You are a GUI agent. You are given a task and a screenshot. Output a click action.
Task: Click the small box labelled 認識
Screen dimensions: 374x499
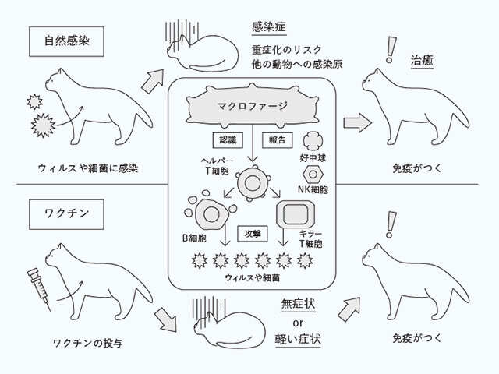[x=226, y=141]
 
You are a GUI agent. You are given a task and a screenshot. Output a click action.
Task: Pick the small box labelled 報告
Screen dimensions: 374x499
[x=277, y=141]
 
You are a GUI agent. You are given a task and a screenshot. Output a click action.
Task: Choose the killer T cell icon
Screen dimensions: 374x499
[x=295, y=212]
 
